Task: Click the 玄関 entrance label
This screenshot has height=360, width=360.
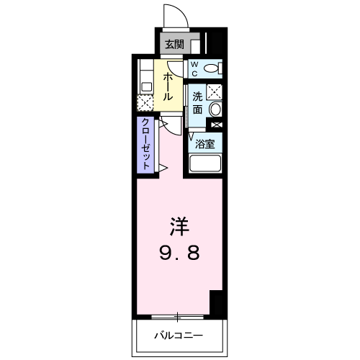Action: tap(174, 44)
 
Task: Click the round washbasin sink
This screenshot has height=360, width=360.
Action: tap(215, 110)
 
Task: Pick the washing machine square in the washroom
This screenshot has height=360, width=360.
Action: tap(214, 91)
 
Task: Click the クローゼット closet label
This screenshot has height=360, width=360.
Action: tap(145, 144)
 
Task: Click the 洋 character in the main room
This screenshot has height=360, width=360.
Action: tap(179, 227)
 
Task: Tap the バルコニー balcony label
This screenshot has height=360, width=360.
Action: tap(179, 336)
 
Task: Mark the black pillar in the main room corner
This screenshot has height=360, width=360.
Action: tap(216, 302)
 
